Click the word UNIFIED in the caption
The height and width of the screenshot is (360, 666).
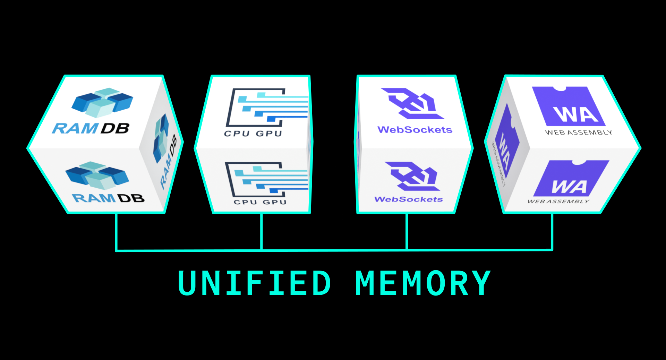click(254, 283)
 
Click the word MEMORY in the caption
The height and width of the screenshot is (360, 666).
click(423, 283)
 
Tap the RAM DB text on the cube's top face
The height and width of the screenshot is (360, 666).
click(91, 128)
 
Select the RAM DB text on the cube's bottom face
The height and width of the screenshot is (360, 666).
click(108, 198)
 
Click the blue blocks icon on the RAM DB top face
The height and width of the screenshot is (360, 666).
click(102, 102)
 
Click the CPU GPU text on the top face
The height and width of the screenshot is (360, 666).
click(253, 134)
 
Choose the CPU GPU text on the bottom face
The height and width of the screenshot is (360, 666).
click(260, 202)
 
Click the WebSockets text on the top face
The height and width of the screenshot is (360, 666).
click(415, 130)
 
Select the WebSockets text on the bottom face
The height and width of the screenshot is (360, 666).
click(409, 199)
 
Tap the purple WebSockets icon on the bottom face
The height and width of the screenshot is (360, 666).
click(412, 176)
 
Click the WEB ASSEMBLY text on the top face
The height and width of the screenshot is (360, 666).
click(578, 132)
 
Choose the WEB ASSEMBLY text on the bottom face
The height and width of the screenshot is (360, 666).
click(558, 201)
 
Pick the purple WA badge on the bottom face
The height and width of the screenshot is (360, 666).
click(571, 179)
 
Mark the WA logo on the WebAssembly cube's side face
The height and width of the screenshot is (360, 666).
click(505, 146)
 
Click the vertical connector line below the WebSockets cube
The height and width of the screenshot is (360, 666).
click(407, 231)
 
